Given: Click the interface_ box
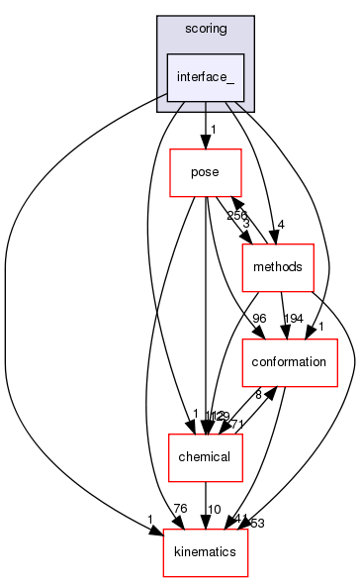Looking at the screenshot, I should tap(205, 77).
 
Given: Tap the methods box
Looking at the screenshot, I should tap(278, 268).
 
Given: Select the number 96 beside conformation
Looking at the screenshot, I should tap(260, 319).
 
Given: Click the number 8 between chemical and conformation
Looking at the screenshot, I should tap(259, 394).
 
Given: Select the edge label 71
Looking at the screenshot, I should tap(237, 424).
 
